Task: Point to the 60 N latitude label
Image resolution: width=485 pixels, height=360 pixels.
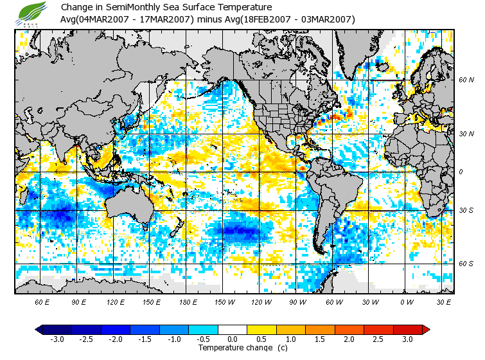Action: point(466,80)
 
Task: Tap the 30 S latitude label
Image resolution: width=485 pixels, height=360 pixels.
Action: point(466,211)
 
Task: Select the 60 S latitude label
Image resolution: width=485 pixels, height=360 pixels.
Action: point(466,264)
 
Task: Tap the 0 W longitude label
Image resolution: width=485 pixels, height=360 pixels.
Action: point(407,301)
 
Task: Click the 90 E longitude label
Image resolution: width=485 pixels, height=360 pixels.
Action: point(79,301)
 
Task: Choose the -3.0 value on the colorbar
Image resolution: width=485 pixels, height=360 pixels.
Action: point(57,339)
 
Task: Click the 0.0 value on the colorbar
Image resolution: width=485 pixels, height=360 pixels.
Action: point(233,339)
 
